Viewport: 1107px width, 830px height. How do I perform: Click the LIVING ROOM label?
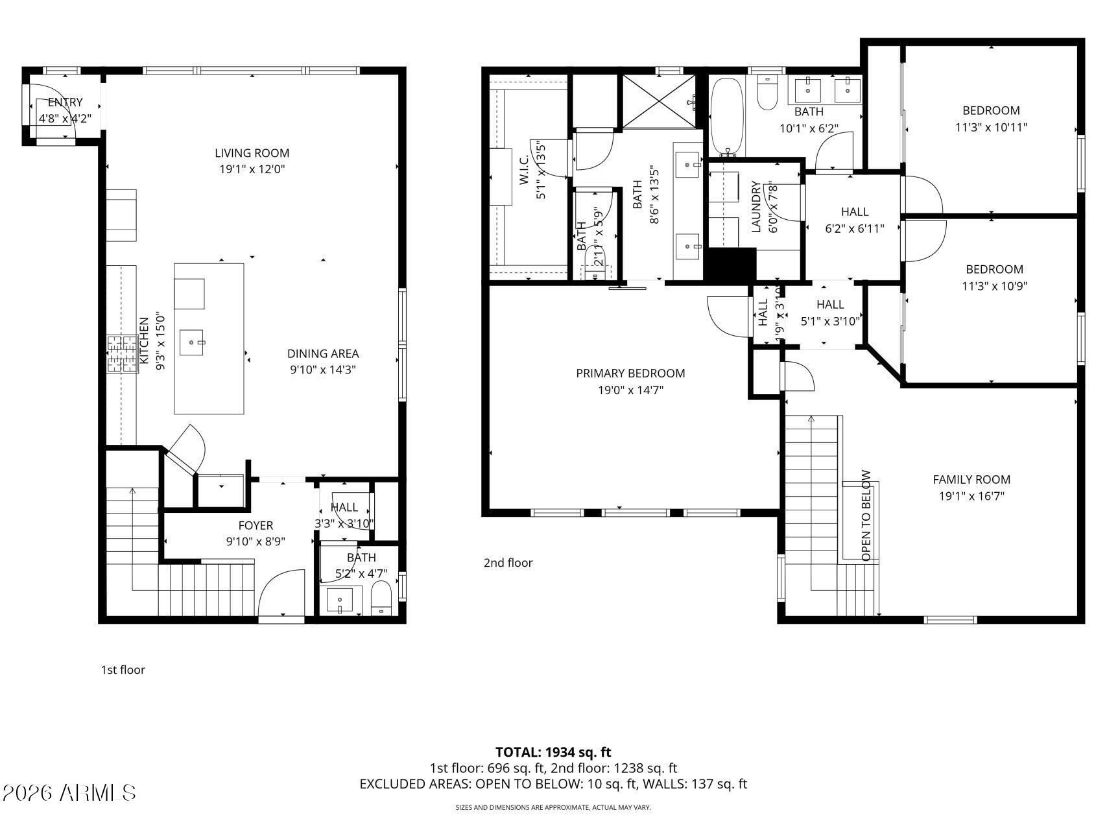coord(252,153)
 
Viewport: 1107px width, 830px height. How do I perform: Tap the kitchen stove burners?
coord(123,354)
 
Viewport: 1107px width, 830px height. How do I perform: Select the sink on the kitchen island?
coord(193,342)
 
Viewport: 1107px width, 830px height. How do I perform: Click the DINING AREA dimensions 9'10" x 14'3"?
coord(323,370)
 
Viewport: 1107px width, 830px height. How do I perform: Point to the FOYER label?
coord(256,525)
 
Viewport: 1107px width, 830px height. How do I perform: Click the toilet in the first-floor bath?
coord(381,598)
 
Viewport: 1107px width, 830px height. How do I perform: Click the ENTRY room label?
coord(65,102)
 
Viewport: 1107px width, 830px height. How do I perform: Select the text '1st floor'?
coord(123,670)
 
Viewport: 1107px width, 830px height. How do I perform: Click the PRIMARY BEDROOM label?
coord(630,373)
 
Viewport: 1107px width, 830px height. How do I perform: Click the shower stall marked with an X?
coord(658,101)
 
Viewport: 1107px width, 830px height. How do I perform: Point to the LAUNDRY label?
coord(756,207)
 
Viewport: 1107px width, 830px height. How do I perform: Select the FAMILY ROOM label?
coord(971,480)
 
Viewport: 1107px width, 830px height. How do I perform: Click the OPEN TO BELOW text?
coord(866,516)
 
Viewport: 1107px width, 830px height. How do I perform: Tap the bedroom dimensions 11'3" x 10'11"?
coord(991,127)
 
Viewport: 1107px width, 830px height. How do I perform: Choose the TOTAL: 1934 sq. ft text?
coord(553,752)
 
